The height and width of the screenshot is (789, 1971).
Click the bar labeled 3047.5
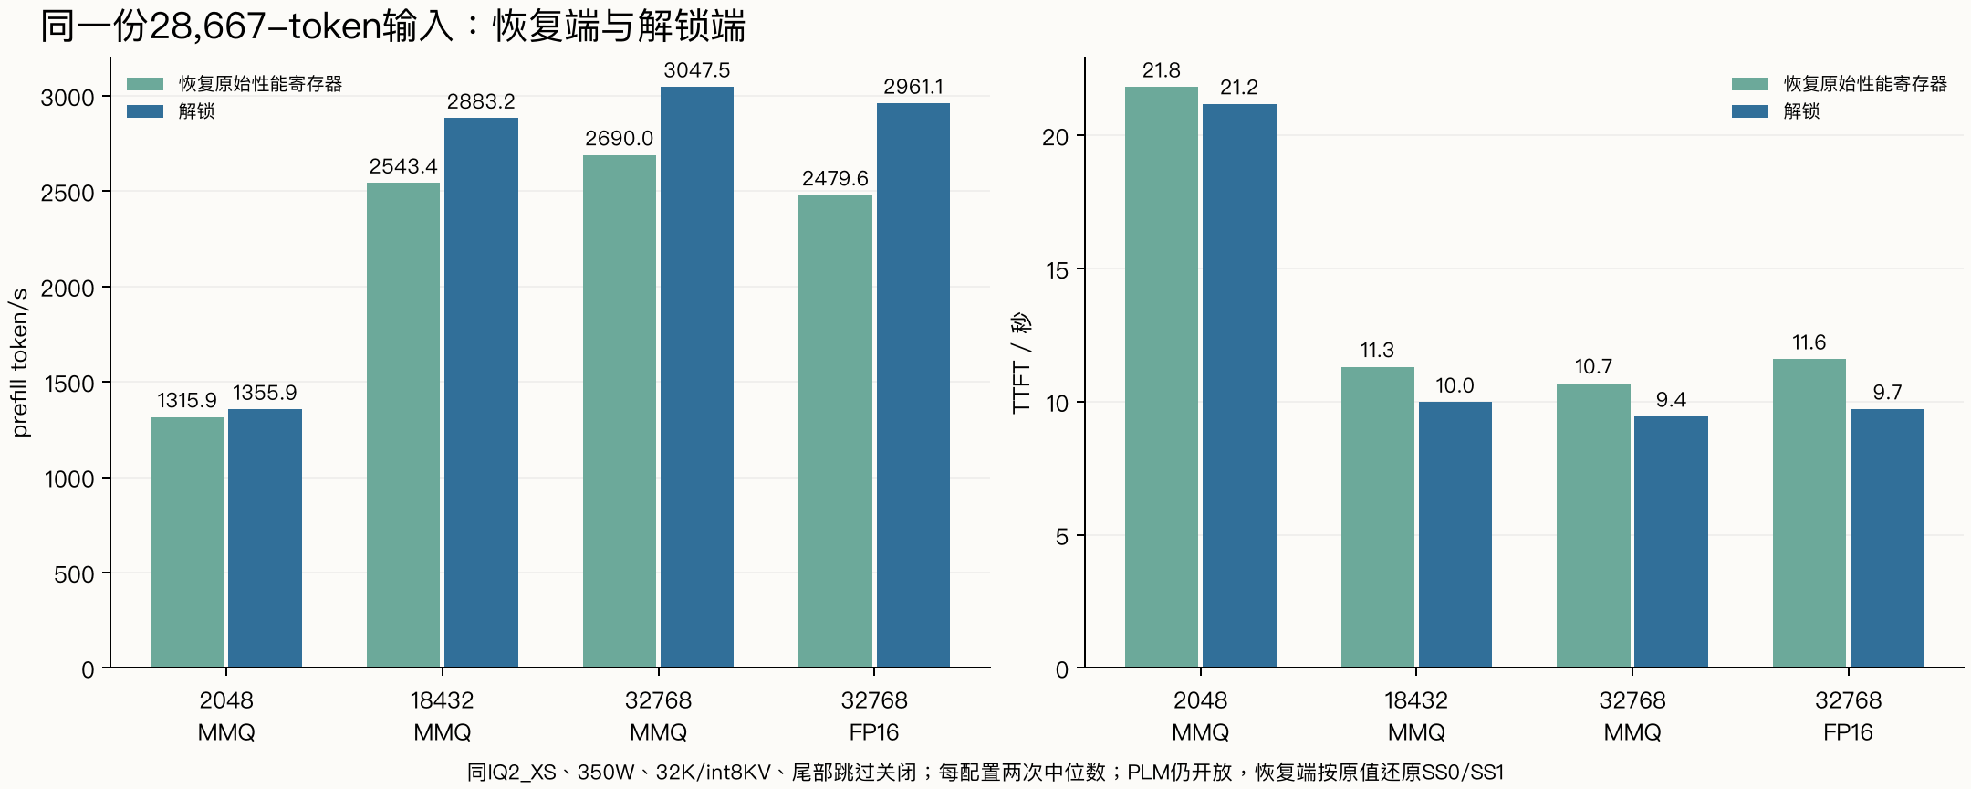[x=697, y=377]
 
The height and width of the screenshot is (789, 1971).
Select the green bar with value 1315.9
[x=187, y=542]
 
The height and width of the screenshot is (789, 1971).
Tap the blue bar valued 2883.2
[x=481, y=393]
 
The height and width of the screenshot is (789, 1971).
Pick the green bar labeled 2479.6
[x=835, y=431]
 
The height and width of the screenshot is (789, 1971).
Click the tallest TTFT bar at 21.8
[x=1162, y=377]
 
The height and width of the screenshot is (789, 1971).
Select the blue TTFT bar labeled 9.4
[x=1671, y=542]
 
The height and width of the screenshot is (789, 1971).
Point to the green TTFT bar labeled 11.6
[x=1809, y=513]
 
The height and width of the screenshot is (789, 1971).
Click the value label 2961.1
[x=913, y=87]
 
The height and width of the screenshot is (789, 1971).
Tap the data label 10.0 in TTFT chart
[x=1455, y=385]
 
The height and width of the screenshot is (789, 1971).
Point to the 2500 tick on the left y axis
[x=68, y=193]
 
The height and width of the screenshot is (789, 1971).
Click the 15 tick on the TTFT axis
[x=1057, y=270]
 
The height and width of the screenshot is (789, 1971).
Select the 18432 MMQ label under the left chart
[x=442, y=716]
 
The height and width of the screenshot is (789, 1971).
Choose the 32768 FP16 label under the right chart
[x=1848, y=716]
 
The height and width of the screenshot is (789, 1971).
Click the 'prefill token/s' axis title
[x=20, y=363]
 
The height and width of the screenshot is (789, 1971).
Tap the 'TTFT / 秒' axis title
[x=1021, y=363]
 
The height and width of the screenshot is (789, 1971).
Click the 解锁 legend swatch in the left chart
[x=145, y=111]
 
